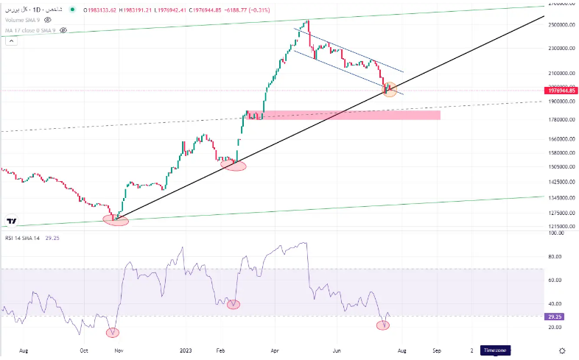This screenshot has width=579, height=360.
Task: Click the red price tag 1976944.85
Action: coord(561,91)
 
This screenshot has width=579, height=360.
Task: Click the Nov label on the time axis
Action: coord(118,350)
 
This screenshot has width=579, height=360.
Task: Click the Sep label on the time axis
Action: coord(436,350)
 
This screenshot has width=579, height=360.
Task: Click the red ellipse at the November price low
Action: coord(116,219)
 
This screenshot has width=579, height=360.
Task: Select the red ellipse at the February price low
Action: coord(234,166)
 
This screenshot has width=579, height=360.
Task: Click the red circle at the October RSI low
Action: coord(112,332)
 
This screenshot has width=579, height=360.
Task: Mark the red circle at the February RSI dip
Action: coord(234,304)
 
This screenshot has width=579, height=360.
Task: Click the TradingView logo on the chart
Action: coord(12,220)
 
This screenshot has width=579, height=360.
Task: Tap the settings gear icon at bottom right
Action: coord(562,350)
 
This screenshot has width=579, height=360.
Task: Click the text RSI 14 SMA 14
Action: coord(22,238)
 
